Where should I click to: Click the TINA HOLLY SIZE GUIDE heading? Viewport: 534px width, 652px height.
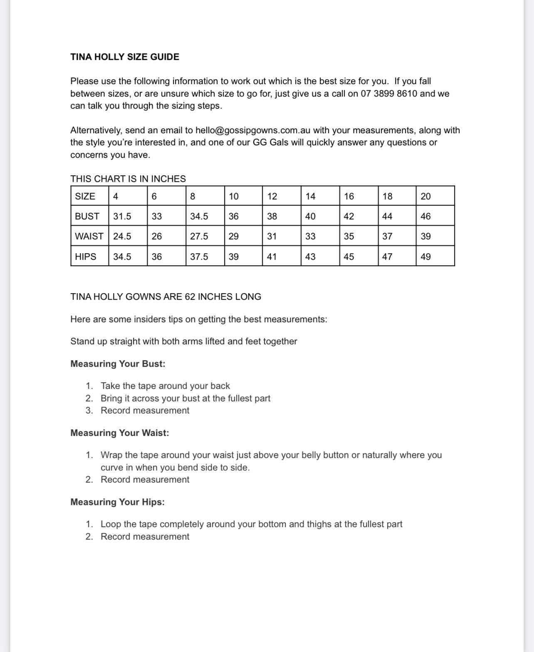125,57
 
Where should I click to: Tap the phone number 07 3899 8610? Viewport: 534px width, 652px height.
388,94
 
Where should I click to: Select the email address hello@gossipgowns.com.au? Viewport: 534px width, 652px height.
253,130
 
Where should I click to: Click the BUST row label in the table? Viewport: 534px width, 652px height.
87,217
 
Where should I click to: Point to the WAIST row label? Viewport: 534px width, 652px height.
89,236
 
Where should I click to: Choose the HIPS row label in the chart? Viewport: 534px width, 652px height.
86,257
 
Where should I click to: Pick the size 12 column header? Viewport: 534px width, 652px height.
272,197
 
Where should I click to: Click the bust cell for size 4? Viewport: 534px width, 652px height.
122,217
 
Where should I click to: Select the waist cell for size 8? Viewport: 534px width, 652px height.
199,236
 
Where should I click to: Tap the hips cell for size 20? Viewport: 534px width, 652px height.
425,257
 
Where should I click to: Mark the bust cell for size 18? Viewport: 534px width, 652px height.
387,217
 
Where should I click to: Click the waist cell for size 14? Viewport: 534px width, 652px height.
310,236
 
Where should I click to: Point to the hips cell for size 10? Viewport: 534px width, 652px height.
234,257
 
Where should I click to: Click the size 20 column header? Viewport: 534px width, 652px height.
425,197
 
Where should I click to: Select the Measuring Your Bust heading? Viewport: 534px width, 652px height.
118,364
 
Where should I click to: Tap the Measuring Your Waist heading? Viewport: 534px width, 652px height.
120,433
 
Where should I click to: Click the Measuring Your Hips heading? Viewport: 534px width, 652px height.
117,502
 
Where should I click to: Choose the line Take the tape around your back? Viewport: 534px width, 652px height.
165,386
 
